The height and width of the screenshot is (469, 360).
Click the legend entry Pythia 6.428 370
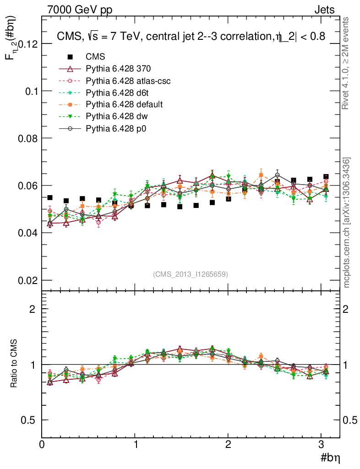118,69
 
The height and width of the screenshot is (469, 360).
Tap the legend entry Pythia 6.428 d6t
115,93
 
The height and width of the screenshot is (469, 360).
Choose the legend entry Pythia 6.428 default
124,105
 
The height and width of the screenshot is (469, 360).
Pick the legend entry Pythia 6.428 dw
115,117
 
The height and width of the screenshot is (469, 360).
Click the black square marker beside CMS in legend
70,57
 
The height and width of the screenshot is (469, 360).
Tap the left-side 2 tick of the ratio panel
32,309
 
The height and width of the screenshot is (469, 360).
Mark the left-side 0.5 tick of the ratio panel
28,420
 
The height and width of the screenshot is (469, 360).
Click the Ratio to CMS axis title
15,365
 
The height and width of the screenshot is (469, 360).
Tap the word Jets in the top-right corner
324,9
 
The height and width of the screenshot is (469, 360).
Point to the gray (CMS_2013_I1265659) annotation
191,274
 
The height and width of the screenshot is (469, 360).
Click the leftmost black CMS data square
50,197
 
